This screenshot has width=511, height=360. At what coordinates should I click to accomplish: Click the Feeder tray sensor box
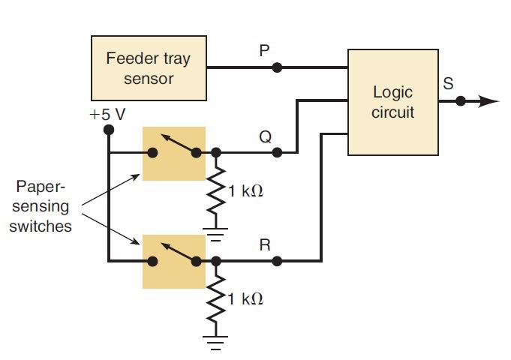[x=149, y=68]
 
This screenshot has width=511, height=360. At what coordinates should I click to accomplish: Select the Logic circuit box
[x=393, y=102]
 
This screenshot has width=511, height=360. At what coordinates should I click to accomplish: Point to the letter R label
[x=264, y=244]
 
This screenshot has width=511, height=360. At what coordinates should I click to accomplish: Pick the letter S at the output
[x=448, y=84]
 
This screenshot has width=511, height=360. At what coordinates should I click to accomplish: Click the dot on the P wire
[x=277, y=67]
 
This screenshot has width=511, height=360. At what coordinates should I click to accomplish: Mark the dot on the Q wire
[x=277, y=153]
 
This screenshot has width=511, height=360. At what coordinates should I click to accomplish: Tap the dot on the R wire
[x=277, y=261]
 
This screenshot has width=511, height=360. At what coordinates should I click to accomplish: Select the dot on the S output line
[x=461, y=101]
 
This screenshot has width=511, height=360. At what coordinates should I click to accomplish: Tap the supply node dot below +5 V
[x=109, y=130]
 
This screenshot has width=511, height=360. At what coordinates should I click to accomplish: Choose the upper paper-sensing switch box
[x=173, y=153]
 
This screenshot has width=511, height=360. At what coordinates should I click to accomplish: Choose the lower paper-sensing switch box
[x=173, y=261]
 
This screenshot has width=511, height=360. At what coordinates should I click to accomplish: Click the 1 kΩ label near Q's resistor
[x=246, y=191]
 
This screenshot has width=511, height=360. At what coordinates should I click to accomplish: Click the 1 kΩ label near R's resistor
[x=246, y=299]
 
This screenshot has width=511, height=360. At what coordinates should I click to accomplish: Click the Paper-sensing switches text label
[x=41, y=205]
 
